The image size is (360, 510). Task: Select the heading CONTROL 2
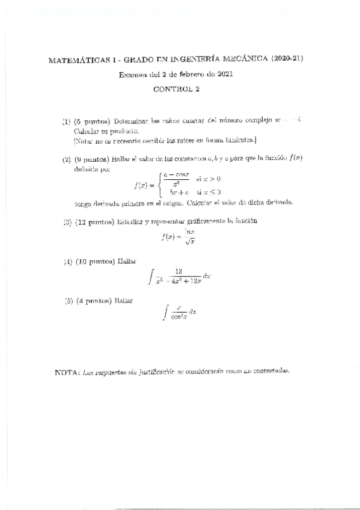pyautogui.click(x=176, y=88)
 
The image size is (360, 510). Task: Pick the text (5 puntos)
pyautogui.click(x=91, y=121)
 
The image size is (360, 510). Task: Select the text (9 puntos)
pyautogui.click(x=91, y=159)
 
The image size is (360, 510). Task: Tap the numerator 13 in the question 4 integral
pyautogui.click(x=179, y=271)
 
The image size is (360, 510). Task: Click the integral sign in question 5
pyautogui.click(x=165, y=312)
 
